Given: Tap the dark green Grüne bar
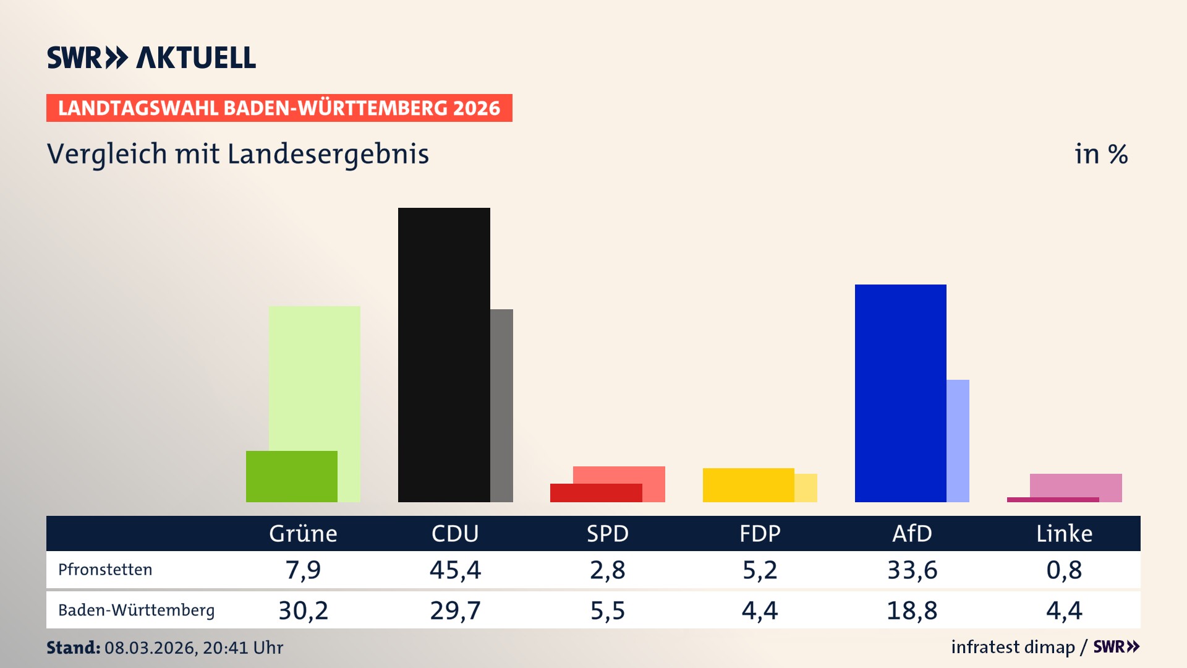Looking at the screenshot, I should tap(291, 476).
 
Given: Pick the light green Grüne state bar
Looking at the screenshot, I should tap(315, 377).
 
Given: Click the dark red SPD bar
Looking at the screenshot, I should tap(595, 493).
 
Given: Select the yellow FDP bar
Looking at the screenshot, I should tap(748, 485).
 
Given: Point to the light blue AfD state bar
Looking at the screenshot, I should tap(958, 440).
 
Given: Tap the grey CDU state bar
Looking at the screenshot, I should tap(501, 405).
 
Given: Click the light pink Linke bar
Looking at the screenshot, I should tap(1076, 485).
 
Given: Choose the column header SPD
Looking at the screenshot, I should tap(607, 534).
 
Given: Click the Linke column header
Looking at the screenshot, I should tap(1064, 534).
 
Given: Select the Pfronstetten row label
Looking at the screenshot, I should tap(105, 570).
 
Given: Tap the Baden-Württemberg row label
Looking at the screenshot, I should tap(136, 610).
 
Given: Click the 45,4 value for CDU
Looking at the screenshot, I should tap(455, 570).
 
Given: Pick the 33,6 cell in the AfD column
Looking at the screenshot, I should tap(912, 570).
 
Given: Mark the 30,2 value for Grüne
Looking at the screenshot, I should tap(303, 610).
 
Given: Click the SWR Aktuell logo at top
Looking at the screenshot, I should tap(151, 58).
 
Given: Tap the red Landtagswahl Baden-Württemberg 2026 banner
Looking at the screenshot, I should tap(279, 108).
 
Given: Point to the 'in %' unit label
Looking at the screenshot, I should tap(1100, 154).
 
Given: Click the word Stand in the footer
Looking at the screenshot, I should tap(73, 648).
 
